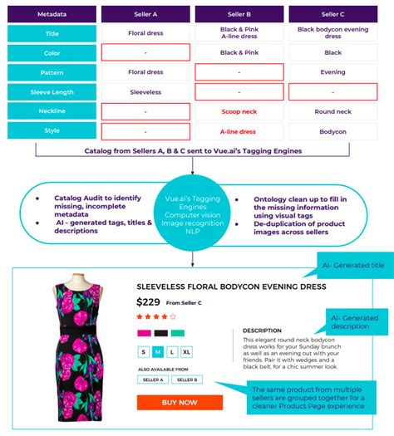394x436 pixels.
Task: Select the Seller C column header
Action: coord(332,14)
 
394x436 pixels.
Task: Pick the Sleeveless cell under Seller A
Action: coord(145,91)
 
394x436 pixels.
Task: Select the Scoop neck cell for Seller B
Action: coord(239,111)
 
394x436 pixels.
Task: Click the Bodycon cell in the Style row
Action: coord(332,130)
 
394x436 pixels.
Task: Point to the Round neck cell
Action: coord(332,111)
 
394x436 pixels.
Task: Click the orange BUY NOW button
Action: coord(180,403)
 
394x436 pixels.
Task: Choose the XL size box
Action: coord(186,352)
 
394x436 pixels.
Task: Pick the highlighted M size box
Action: coord(158,352)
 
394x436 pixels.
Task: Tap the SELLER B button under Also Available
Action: coord(188,379)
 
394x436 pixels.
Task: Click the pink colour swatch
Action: coord(144,333)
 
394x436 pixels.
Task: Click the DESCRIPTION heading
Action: coord(262,330)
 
